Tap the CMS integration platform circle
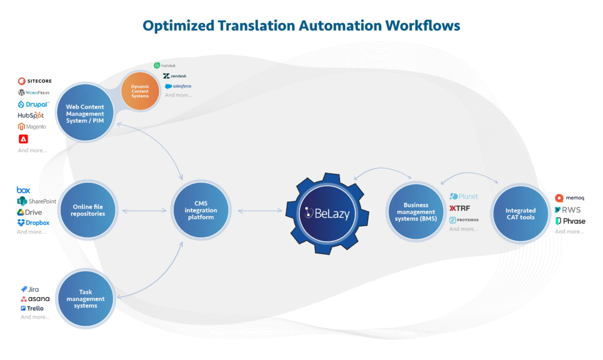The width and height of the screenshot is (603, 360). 201,210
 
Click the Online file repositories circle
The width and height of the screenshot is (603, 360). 88,210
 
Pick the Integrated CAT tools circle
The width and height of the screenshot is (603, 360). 521,213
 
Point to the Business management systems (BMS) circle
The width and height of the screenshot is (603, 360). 415,212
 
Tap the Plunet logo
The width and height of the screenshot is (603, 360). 464,197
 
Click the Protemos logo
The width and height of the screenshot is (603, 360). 463,220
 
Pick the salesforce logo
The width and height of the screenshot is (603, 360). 178,86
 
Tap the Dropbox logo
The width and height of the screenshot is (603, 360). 33,223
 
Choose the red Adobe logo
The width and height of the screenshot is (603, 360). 23,140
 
